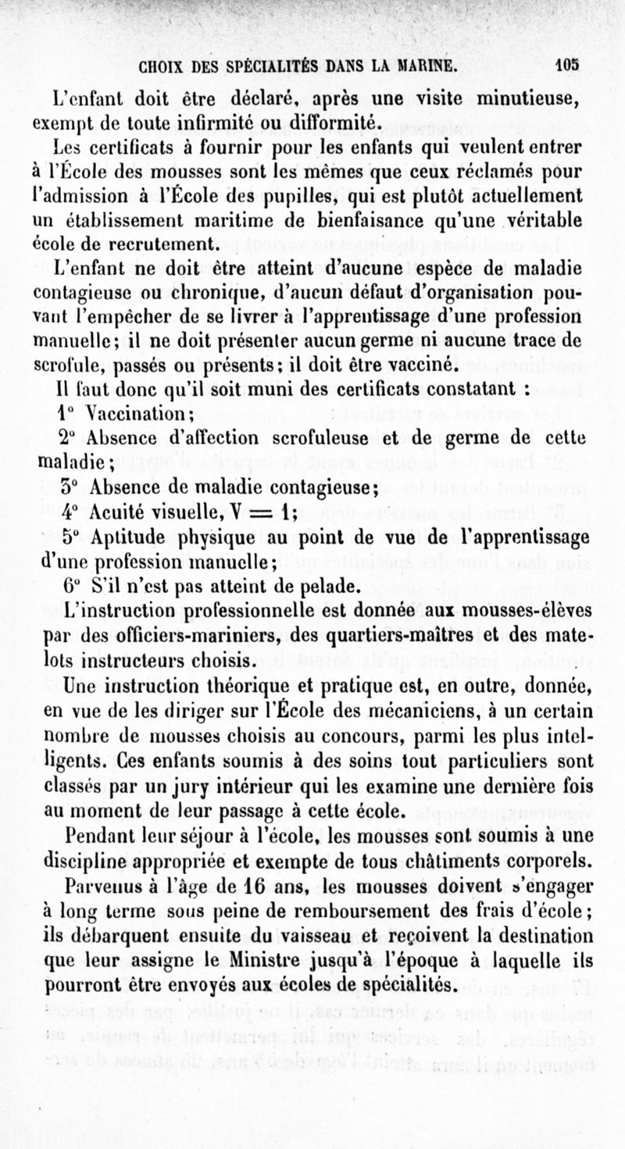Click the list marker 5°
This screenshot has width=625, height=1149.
pos(73,538)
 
